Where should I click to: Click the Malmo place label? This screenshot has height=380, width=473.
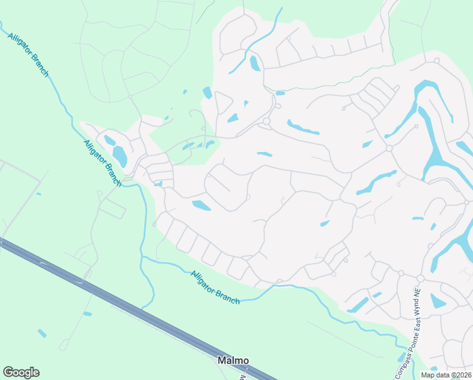point(233,360)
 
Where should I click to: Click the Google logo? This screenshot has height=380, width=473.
point(21,372)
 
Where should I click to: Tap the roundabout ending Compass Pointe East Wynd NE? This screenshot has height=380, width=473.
point(420,279)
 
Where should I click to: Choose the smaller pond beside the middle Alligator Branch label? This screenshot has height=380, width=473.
point(109,140)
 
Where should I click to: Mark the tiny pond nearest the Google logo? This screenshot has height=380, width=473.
point(42,332)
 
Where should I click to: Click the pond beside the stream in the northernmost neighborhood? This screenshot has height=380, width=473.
point(255,63)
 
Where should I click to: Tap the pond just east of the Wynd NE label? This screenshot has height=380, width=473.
point(438,301)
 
